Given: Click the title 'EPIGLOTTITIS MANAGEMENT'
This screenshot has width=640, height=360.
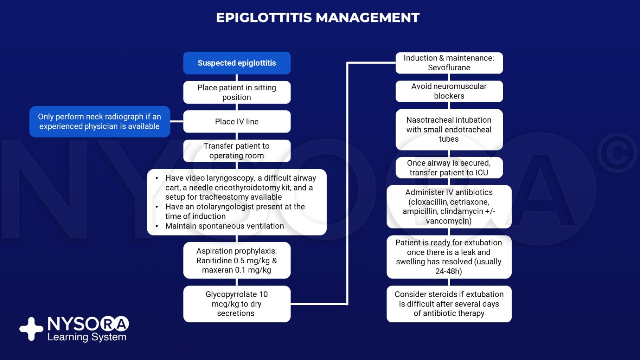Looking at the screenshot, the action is (318, 18).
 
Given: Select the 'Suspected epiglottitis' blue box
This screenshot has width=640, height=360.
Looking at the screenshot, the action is (237, 63).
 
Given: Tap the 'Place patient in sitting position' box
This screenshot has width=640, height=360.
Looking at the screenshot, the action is (237, 92).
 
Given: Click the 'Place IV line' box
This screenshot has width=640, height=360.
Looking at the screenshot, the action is (237, 122).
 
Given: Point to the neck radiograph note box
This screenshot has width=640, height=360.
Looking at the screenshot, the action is (100, 122).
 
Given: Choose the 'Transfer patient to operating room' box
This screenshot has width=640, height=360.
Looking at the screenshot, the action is (237, 151).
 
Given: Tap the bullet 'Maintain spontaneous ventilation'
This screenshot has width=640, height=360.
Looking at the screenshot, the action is (224, 226).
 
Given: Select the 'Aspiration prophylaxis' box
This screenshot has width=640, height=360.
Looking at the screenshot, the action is (237, 261).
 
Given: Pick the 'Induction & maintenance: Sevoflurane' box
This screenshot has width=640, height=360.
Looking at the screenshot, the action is (449, 63).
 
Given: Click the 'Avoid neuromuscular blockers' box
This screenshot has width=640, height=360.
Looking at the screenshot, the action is (449, 91).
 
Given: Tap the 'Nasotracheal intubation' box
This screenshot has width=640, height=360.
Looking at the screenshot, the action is (449, 130).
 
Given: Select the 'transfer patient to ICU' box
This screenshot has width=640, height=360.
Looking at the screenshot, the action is (449, 168).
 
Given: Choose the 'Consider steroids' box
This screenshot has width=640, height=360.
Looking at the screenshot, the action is (449, 304).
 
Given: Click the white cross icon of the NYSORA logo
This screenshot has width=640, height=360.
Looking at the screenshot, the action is (31, 329).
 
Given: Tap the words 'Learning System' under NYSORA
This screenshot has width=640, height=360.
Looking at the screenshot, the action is (87, 337).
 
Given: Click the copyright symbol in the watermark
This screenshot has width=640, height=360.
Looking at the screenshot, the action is (617, 153).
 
